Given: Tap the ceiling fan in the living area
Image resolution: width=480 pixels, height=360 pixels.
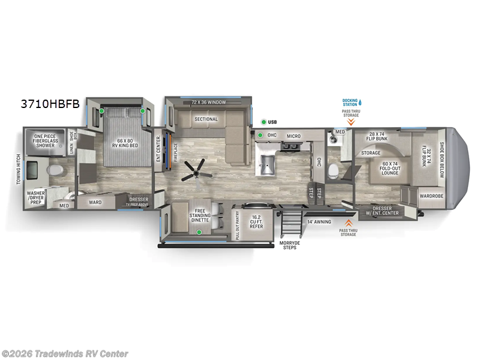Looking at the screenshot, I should [196, 169].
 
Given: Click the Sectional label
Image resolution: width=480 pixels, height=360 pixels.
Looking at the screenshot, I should [206, 119].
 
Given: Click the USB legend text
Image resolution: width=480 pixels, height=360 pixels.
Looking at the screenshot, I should [272, 122].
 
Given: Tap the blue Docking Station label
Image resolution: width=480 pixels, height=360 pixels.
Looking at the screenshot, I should [350, 102].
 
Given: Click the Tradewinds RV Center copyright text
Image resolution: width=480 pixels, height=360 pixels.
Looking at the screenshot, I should [65, 353].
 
